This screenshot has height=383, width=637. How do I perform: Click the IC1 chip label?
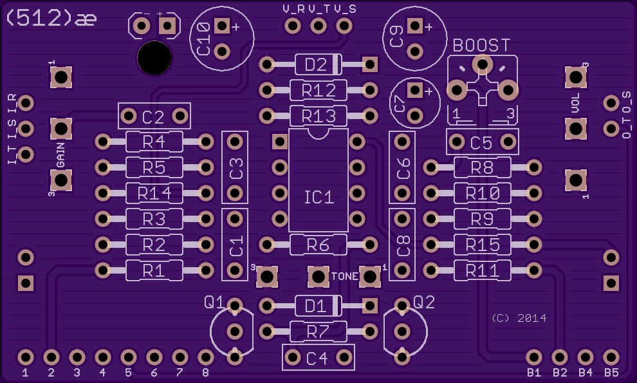point(319,198)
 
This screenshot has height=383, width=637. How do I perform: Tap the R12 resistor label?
point(318,91)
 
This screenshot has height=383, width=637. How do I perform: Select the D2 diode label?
point(316,64)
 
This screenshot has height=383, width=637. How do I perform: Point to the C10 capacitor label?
point(203,39)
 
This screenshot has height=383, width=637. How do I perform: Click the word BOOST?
point(481,46)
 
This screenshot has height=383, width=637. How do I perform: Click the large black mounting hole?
point(154,58)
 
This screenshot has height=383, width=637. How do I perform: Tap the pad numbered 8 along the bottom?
point(205,357)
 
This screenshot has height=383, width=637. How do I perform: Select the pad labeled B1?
point(534,357)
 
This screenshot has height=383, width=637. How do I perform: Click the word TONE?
point(344,277)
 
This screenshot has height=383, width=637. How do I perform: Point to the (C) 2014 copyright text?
point(519,318)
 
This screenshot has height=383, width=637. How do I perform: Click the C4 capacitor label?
point(317,359)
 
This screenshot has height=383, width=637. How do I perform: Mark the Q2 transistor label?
point(424,302)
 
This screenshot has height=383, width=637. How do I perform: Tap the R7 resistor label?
point(318,332)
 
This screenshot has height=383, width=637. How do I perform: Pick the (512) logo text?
point(39,18)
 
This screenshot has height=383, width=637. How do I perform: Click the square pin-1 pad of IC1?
point(279,142)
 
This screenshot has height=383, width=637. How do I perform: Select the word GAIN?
point(60,155)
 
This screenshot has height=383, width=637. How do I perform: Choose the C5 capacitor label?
point(481,143)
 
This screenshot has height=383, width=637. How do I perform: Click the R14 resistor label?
point(154,194)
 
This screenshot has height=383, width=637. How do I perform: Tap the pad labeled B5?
point(611,357)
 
